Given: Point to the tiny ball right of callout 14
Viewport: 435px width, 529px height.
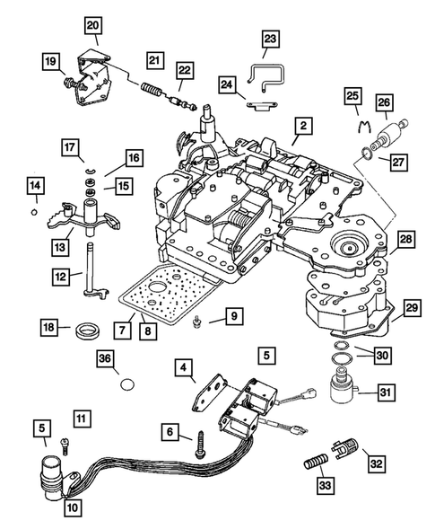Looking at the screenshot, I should point(33,213).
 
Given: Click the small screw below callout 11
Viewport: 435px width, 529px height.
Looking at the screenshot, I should point(65,442).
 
